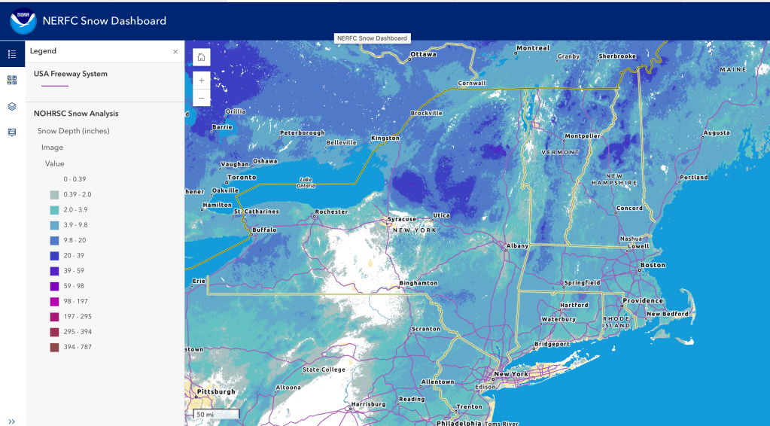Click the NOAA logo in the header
[x=23, y=20]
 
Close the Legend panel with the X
[x=175, y=52]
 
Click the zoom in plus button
[x=201, y=80]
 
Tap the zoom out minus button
[x=201, y=98]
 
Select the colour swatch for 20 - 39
[x=55, y=255]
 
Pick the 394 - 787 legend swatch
[x=55, y=347]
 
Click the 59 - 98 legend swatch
[x=55, y=286]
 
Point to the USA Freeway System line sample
[x=55, y=87]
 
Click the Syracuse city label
[x=401, y=220]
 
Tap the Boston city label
[x=652, y=265]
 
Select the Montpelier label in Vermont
[x=583, y=136]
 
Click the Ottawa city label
[x=423, y=54]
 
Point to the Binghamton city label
[x=418, y=283]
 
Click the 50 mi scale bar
[x=215, y=414]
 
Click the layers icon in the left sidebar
[x=12, y=106]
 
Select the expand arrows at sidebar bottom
[x=12, y=421]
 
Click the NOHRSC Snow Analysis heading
[x=76, y=114]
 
